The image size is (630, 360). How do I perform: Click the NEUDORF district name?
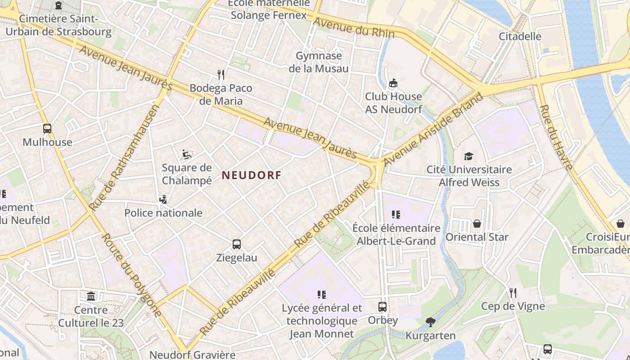click(251, 175)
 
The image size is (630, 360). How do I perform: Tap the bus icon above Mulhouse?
click(47, 129)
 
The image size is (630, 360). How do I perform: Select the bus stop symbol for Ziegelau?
click(237, 244)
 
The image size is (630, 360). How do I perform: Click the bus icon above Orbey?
click(382, 307)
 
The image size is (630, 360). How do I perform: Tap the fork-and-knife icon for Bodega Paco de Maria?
click(220, 74)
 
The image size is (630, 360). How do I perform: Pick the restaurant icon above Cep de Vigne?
click(513, 293)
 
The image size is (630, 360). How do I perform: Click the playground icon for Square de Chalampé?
click(186, 154)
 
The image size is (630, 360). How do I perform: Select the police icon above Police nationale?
click(163, 199)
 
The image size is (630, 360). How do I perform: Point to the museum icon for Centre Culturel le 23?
click(91, 297)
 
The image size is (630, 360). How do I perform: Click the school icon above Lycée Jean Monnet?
click(321, 295)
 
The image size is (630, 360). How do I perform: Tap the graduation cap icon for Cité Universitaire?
click(469, 156)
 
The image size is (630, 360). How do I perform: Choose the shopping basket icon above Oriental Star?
click(477, 224)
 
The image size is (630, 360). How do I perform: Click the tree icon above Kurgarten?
click(430, 322)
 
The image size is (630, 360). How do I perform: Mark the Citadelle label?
click(520, 36)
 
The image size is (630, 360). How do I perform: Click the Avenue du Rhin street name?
click(354, 28)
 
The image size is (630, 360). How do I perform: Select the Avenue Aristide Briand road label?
click(433, 129)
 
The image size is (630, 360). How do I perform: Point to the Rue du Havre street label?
click(556, 138)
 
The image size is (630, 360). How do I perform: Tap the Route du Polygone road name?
click(131, 275)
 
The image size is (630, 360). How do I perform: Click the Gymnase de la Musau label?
click(319, 62)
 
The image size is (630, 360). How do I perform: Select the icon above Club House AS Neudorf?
click(393, 83)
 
